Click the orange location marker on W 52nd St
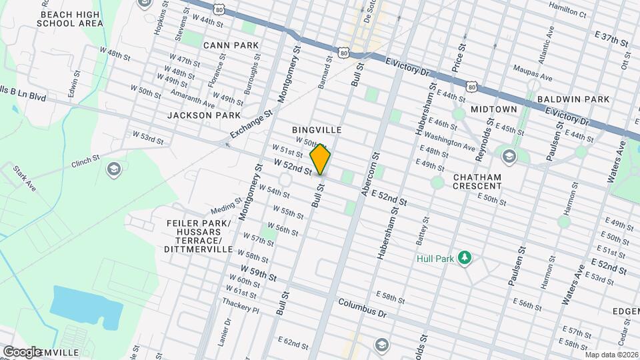[320, 159]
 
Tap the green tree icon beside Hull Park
[467, 258]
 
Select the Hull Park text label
[435, 258]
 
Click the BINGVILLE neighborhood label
[317, 129]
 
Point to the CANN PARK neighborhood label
[230, 45]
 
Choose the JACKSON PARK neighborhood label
[204, 115]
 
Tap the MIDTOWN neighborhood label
[494, 109]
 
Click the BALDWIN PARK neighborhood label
[573, 99]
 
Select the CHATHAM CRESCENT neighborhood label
[477, 181]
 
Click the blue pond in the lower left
[87, 307]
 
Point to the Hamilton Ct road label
[567, 13]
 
